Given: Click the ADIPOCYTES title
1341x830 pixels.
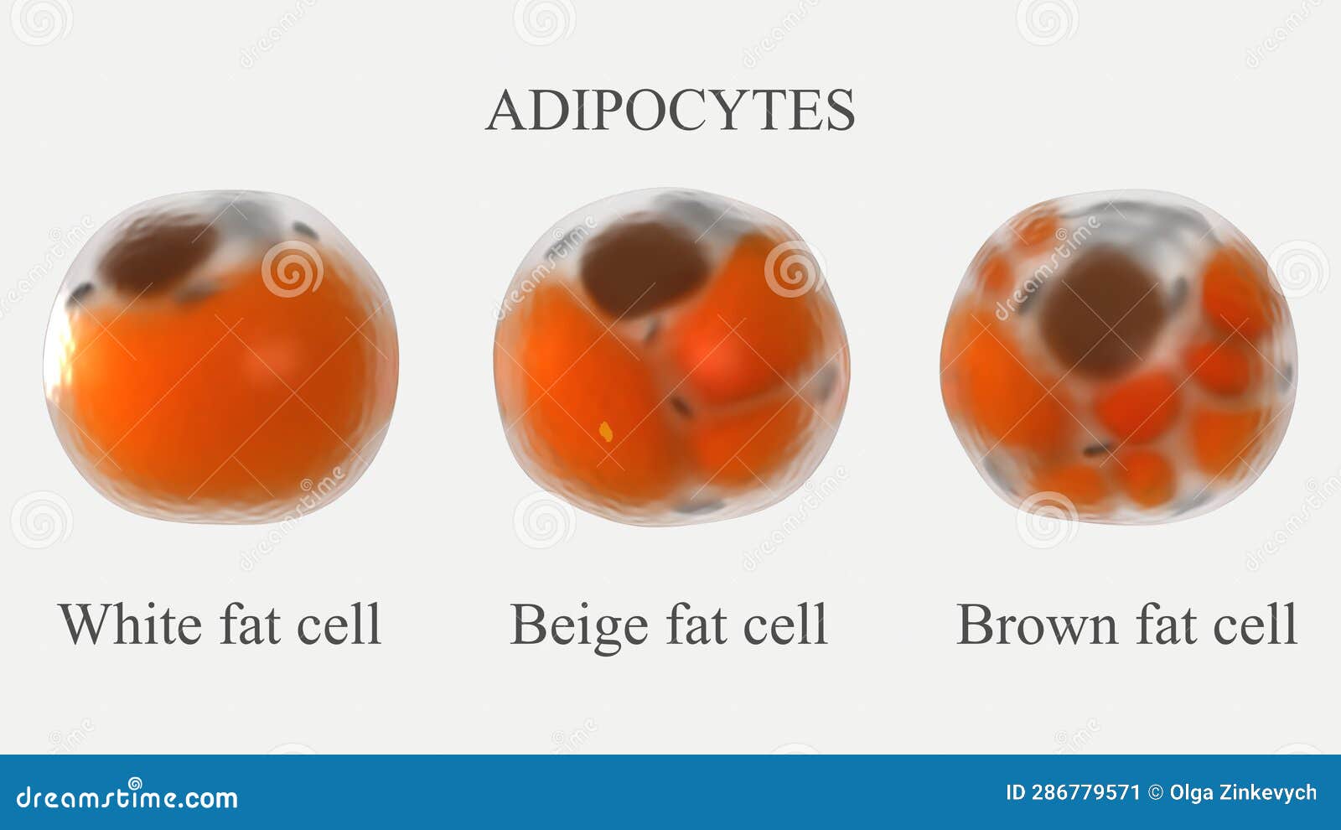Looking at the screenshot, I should click(x=670, y=111).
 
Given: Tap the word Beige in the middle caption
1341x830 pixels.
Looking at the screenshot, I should click(x=578, y=625).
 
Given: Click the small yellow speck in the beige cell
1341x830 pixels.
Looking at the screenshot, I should click(x=606, y=432).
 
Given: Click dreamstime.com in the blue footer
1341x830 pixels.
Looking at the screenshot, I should click(x=127, y=797).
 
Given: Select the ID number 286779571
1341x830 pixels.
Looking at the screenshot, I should click(x=1085, y=792).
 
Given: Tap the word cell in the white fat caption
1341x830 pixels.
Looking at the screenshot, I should click(x=339, y=624).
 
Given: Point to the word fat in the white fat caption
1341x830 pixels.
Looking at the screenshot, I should click(x=250, y=624).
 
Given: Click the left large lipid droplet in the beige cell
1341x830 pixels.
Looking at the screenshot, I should click(x=587, y=386).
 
